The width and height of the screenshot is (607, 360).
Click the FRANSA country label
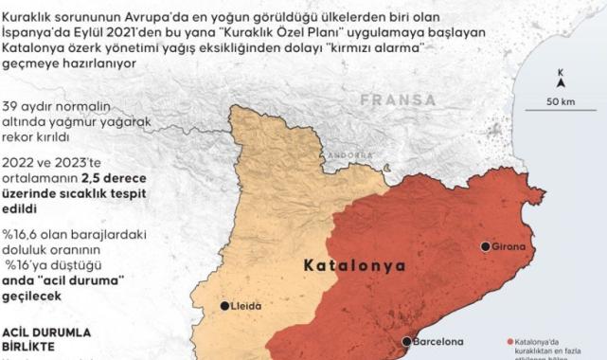click(x=397, y=99)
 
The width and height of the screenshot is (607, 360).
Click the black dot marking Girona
click(x=486, y=246)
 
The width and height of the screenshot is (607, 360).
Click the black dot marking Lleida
click(x=224, y=306)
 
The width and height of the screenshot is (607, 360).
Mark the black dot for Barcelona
click(x=406, y=342)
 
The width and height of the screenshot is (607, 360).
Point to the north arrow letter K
click(x=562, y=72)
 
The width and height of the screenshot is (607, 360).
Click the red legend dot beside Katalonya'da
click(x=510, y=341)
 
